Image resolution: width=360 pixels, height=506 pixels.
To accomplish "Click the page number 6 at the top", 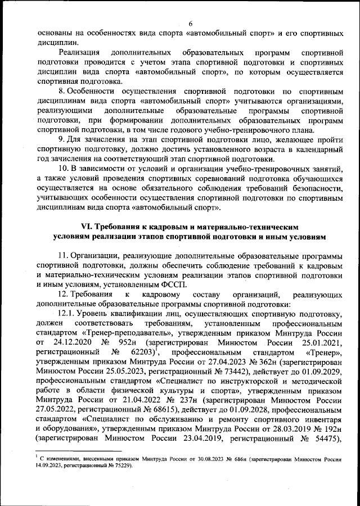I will (191, 23).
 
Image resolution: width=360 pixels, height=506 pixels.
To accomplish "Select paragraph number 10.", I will (64, 168).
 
